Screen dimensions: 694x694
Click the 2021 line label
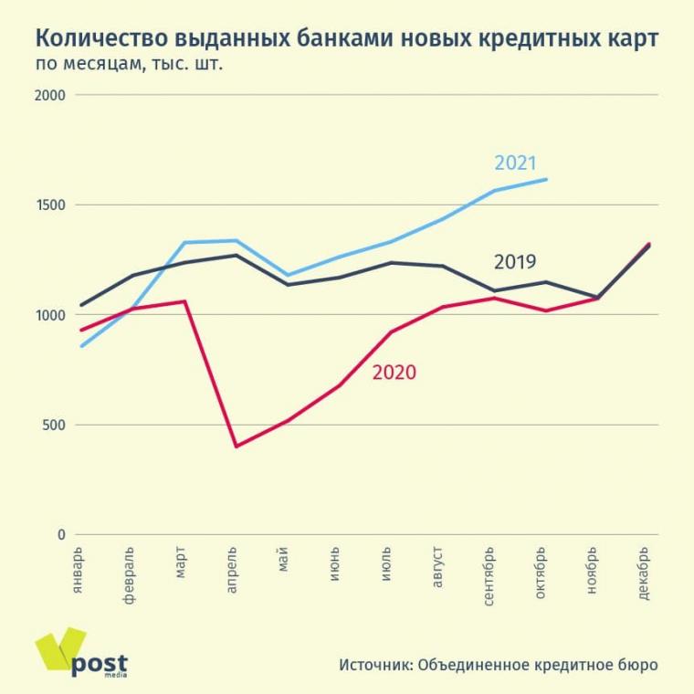click(515, 163)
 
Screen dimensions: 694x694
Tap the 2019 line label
click(514, 262)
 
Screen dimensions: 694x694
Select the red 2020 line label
click(394, 373)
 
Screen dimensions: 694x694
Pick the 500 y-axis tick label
click(54, 426)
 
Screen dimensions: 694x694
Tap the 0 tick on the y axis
click(61, 535)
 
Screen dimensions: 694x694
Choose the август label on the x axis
click(437, 568)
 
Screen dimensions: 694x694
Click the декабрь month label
click(643, 573)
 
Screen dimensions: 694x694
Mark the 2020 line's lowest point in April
click(236, 446)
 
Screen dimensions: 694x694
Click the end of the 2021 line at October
click(546, 179)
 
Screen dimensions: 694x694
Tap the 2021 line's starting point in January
click(81, 346)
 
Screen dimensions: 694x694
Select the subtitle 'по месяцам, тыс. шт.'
click(128, 65)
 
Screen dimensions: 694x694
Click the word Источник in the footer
click(374, 664)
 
